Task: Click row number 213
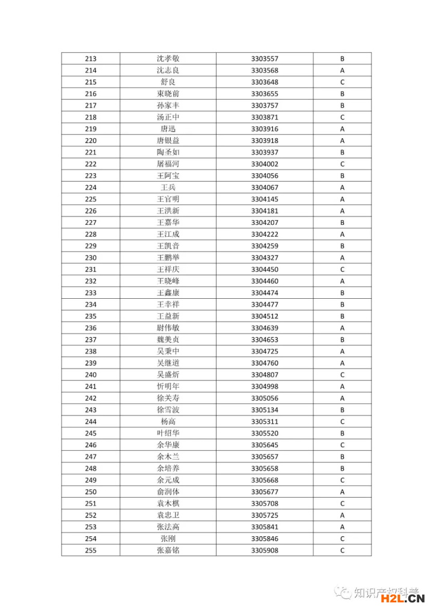coord(91,58)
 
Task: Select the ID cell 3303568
coord(265,70)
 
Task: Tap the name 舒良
coord(168,82)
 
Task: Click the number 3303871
coord(265,117)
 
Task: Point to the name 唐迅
coord(168,129)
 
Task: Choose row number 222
coord(91,164)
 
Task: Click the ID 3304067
coord(265,188)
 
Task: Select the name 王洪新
coord(168,211)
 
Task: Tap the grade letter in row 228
coord(342,234)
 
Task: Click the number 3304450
coord(265,269)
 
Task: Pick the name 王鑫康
coord(168,293)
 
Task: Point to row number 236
coord(91,328)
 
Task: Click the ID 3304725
coord(265,352)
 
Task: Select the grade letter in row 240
coord(342,375)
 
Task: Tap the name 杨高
coord(168,421)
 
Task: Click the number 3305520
coord(265,433)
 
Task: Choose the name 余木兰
coord(168,457)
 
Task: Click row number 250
coord(91,492)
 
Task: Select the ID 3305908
coord(265,550)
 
